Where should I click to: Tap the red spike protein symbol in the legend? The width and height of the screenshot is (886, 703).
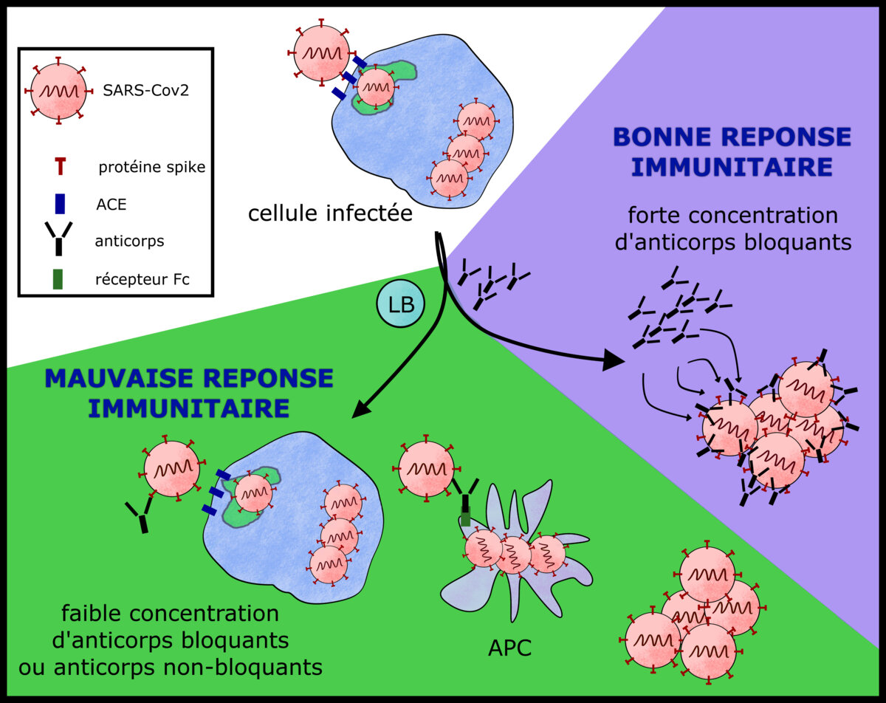pyautogui.click(x=60, y=167)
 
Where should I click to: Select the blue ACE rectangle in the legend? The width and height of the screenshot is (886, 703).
pyautogui.click(x=60, y=203)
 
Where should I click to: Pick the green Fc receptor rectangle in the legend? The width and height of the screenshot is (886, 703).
pyautogui.click(x=59, y=278)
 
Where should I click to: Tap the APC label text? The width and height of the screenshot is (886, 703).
pyautogui.click(x=510, y=648)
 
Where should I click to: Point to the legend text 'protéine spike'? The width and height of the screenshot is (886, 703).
pyautogui.click(x=151, y=168)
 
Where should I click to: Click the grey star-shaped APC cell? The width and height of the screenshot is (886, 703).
pyautogui.click(x=509, y=583)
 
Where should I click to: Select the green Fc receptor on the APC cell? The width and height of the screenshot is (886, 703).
pyautogui.click(x=466, y=517)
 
